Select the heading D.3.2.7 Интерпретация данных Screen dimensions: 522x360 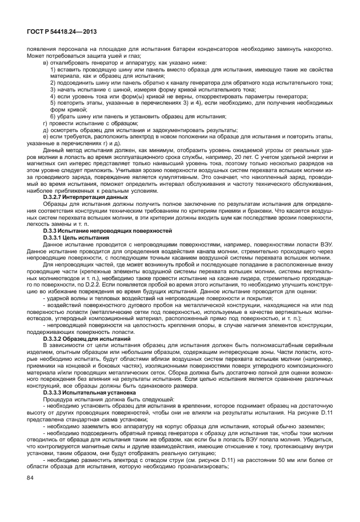point(78,212)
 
